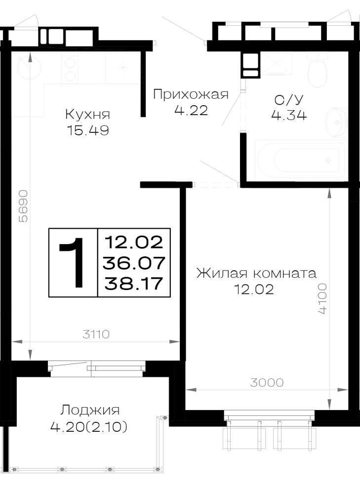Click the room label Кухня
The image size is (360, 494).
[x=87, y=115]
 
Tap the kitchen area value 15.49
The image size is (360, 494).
[x=88, y=130]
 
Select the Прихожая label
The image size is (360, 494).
[x=191, y=94]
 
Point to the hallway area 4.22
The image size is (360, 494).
[x=191, y=110]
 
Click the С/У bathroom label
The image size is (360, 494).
[x=289, y=100]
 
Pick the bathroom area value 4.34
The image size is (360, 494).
[x=289, y=115]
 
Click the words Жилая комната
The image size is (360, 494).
[x=256, y=273]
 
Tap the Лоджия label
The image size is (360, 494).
[x=90, y=410]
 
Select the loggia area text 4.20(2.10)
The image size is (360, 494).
[x=89, y=427]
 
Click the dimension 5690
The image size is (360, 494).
[x=23, y=206]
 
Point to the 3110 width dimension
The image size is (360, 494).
[x=96, y=334]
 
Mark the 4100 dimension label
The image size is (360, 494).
[x=322, y=298]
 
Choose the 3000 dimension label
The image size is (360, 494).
[x=267, y=382]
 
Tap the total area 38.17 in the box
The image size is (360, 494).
[x=134, y=283]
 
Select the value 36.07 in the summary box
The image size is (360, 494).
[x=134, y=263]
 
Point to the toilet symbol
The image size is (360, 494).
[x=317, y=70]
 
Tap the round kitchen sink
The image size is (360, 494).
[x=29, y=67]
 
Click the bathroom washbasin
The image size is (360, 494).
[x=337, y=122]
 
